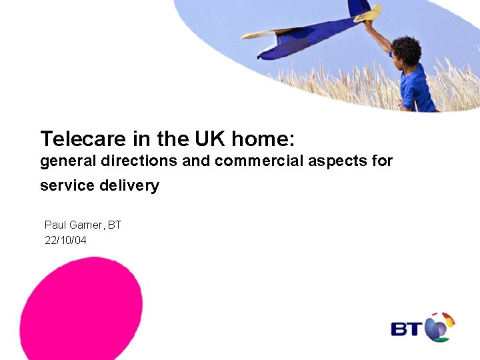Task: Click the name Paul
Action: click(x=55, y=225)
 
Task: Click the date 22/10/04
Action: click(x=65, y=240)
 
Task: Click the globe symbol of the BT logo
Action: click(x=438, y=327)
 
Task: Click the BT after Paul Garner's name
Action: click(x=115, y=225)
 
